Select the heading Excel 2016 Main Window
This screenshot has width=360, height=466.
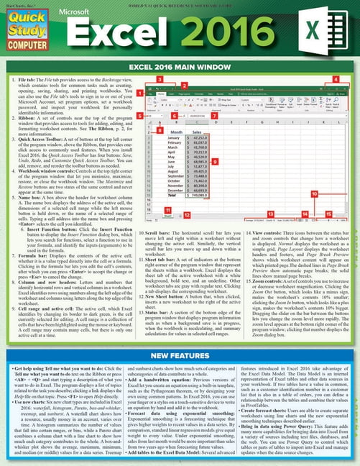(x=180, y=69)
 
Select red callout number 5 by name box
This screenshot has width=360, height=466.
(x=150, y=115)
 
